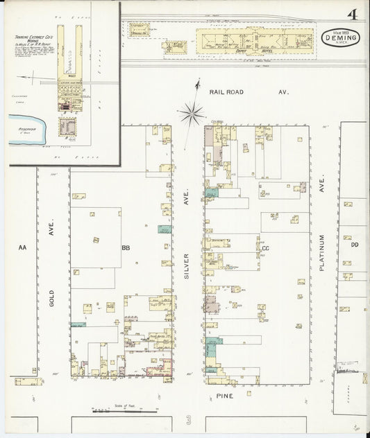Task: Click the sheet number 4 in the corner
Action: [353, 15]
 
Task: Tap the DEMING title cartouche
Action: [341, 39]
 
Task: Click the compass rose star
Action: [191, 110]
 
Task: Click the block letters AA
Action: [22, 247]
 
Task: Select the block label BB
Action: [126, 247]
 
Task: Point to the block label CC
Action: [264, 247]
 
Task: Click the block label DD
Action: [354, 245]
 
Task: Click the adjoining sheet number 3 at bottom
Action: [187, 420]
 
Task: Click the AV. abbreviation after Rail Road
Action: [283, 91]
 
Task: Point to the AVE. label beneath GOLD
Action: [51, 234]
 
